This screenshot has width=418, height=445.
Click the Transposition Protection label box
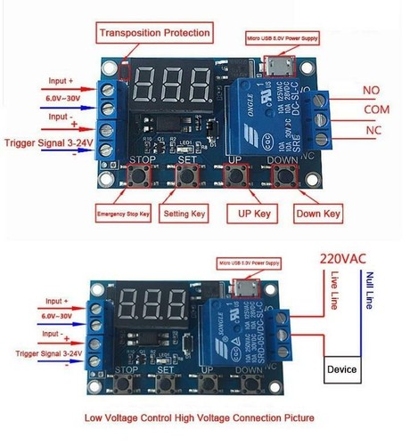[155, 34]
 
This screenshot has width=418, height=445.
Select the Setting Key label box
[189, 214]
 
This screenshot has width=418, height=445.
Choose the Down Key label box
[317, 214]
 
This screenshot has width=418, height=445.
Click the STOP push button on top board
[140, 176]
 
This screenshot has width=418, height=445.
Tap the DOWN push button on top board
[284, 176]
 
